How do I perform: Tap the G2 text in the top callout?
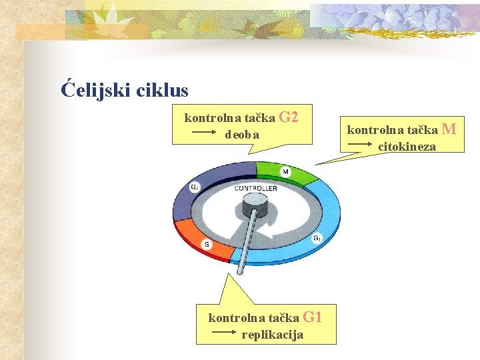pyautogui.click(x=288, y=117)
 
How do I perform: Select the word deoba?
pyautogui.click(x=243, y=135)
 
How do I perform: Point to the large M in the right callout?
pyautogui.click(x=449, y=128)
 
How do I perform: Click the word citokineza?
pyautogui.click(x=407, y=147)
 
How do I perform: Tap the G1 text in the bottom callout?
pyautogui.click(x=313, y=317)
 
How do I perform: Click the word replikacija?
pyautogui.click(x=272, y=335)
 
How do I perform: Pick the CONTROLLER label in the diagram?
pyautogui.click(x=255, y=189)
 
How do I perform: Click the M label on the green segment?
pyautogui.click(x=285, y=172)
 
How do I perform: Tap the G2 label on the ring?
pyautogui.click(x=194, y=187)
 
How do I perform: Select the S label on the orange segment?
pyautogui.click(x=207, y=245)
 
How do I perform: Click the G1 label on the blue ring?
pyautogui.click(x=317, y=238)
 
